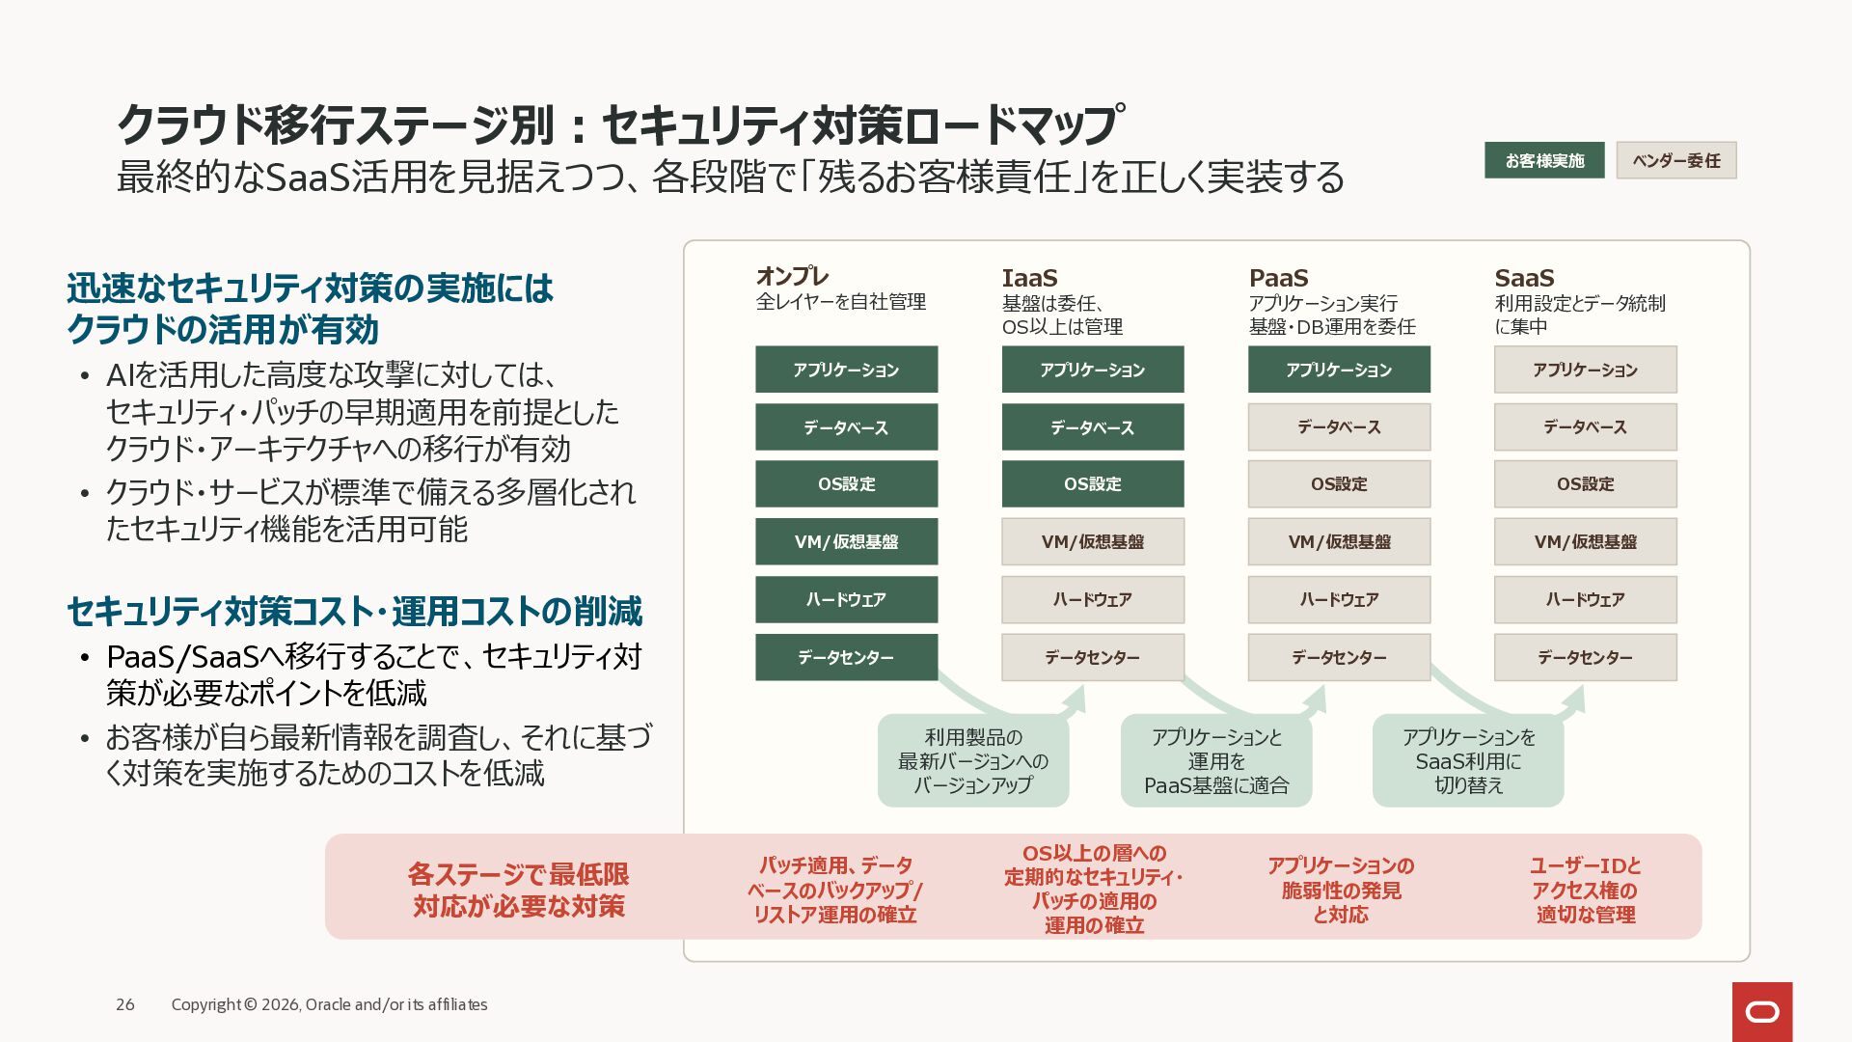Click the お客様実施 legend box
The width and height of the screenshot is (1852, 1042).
click(1544, 160)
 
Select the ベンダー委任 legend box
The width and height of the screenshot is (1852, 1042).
click(1676, 160)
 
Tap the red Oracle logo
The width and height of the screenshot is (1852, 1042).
click(1762, 1012)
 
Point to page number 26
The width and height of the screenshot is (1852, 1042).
click(125, 1004)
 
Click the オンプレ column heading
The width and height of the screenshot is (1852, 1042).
click(792, 277)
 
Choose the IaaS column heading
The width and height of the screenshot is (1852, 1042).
click(1029, 278)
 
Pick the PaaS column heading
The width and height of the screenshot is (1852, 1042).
click(1278, 278)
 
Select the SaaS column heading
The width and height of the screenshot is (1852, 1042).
click(1524, 278)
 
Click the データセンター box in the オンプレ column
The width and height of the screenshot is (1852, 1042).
click(846, 657)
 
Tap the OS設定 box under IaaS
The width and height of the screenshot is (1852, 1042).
click(1093, 483)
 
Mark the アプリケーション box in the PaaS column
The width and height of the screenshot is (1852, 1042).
click(1339, 370)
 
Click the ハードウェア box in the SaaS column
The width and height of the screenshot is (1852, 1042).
click(1586, 599)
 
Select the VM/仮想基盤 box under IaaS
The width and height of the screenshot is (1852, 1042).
click(1093, 541)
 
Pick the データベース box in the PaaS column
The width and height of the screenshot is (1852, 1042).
click(1339, 426)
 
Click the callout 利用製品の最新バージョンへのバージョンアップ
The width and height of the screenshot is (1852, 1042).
click(973, 760)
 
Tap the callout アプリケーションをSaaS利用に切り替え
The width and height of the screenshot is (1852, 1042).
click(1468, 760)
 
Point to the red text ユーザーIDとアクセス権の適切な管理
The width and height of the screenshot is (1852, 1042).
click(1586, 890)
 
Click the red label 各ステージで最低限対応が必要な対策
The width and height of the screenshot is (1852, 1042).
click(519, 890)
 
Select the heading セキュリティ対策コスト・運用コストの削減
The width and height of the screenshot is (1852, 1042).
click(354, 612)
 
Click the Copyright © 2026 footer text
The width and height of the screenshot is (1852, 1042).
click(329, 1004)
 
